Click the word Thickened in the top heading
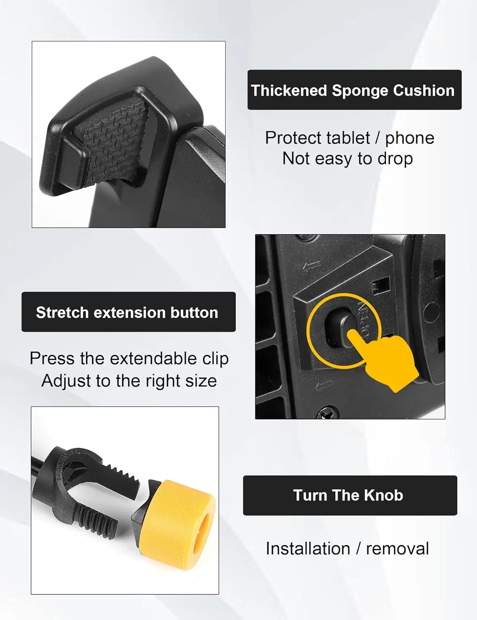[x=289, y=91]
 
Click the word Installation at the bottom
[x=308, y=548]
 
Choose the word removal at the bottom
[x=397, y=548]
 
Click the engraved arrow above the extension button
[x=312, y=266]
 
